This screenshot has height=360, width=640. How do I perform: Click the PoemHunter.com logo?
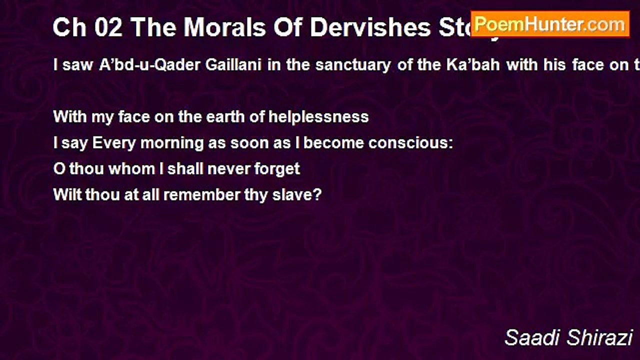pyautogui.click(x=550, y=24)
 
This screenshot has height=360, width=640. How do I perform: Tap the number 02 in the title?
pyautogui.click(x=105, y=28)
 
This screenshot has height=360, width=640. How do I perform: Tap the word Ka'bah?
pyautogui.click(x=476, y=65)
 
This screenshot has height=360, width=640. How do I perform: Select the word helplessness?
pyautogui.click(x=319, y=117)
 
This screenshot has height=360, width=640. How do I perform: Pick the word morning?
pyautogui.click(x=173, y=143)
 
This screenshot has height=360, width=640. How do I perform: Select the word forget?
pyautogui.click(x=277, y=169)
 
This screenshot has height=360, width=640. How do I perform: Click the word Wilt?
pyautogui.click(x=67, y=194)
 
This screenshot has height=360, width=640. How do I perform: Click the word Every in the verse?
pyautogui.click(x=114, y=143)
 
